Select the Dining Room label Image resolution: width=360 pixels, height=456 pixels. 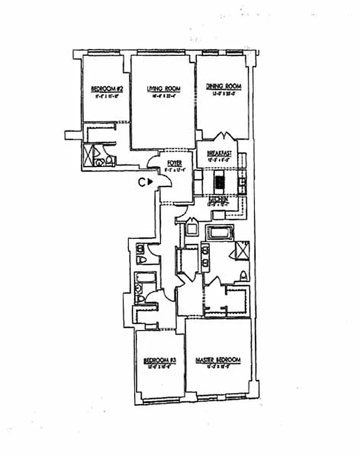click(x=224, y=87)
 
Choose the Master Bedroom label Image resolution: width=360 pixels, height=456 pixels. click(x=218, y=360)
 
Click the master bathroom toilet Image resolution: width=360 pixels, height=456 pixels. click(x=244, y=276)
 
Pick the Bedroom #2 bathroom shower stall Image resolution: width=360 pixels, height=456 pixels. click(x=89, y=154)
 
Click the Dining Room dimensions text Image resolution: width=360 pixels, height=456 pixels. click(x=224, y=93)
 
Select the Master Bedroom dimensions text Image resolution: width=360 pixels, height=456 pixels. click(x=218, y=367)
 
